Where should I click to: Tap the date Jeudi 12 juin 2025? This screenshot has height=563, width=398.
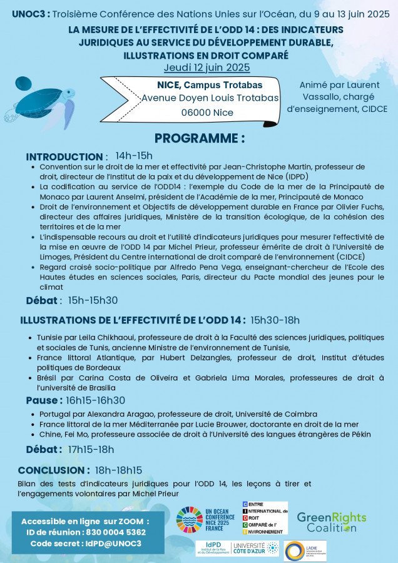point(207,68)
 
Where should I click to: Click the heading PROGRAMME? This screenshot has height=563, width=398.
point(199,138)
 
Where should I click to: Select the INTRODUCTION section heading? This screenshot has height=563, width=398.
point(66,156)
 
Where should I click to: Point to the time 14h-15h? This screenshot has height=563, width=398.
point(134,156)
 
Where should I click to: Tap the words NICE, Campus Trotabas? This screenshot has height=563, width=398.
point(201,84)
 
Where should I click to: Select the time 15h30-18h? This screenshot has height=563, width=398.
point(275,320)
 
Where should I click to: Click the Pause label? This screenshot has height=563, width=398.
point(44,400)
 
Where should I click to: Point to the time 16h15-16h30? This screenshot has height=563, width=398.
point(96,400)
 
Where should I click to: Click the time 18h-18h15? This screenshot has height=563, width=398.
point(118,470)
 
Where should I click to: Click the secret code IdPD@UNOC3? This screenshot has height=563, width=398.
point(113,543)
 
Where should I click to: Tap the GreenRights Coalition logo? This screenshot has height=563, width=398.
point(332,522)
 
